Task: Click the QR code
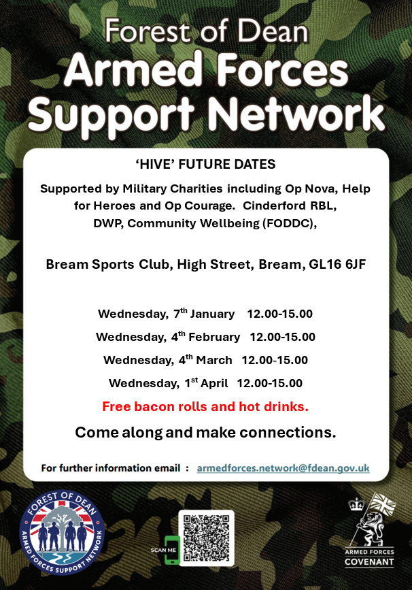pyautogui.click(x=206, y=538)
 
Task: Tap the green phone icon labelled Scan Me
pyautogui.click(x=173, y=550)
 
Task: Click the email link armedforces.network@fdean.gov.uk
pyautogui.click(x=283, y=468)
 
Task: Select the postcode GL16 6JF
pyautogui.click(x=337, y=265)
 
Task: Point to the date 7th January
pyautogui.click(x=204, y=314)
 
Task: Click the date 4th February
pyautogui.click(x=205, y=336)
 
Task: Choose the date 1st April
pyautogui.click(x=206, y=382)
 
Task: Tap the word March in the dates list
pyautogui.click(x=214, y=360)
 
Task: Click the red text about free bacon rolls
pyautogui.click(x=205, y=406)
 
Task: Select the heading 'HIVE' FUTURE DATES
pyautogui.click(x=205, y=164)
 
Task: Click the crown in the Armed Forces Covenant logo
pyautogui.click(x=356, y=504)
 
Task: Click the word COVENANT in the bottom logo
pyautogui.click(x=369, y=562)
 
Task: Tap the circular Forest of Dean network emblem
pyautogui.click(x=62, y=533)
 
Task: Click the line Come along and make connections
pyautogui.click(x=205, y=432)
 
